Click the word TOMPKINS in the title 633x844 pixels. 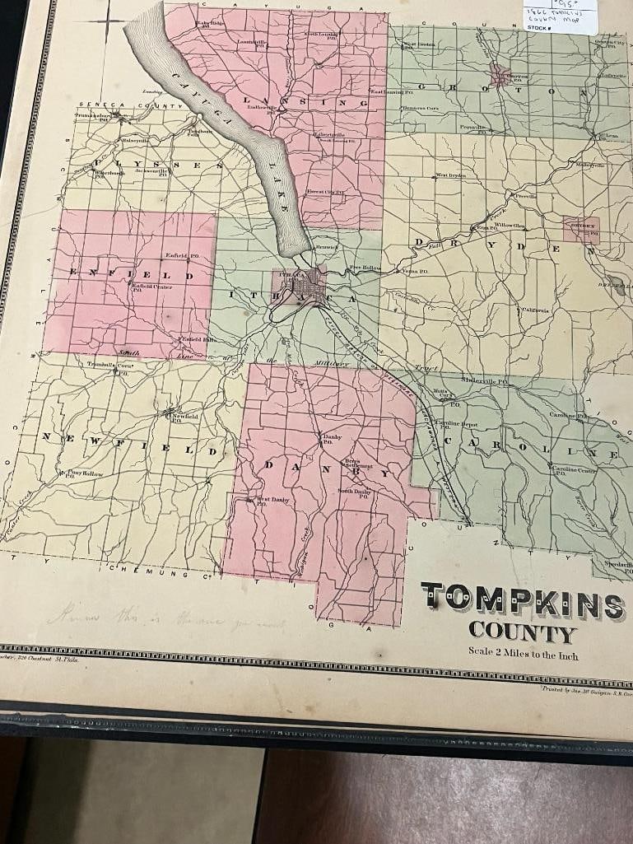pyautogui.click(x=523, y=604)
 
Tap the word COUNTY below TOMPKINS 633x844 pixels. pyautogui.click(x=521, y=633)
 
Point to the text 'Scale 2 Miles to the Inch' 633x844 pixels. pyautogui.click(x=523, y=655)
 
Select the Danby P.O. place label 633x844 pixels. pyautogui.click(x=332, y=439)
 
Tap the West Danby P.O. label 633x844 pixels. pyautogui.click(x=272, y=501)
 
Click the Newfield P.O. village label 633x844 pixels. pyautogui.click(x=184, y=417)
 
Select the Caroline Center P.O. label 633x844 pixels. pyautogui.click(x=574, y=470)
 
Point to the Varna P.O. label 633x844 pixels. pyautogui.click(x=414, y=270)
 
